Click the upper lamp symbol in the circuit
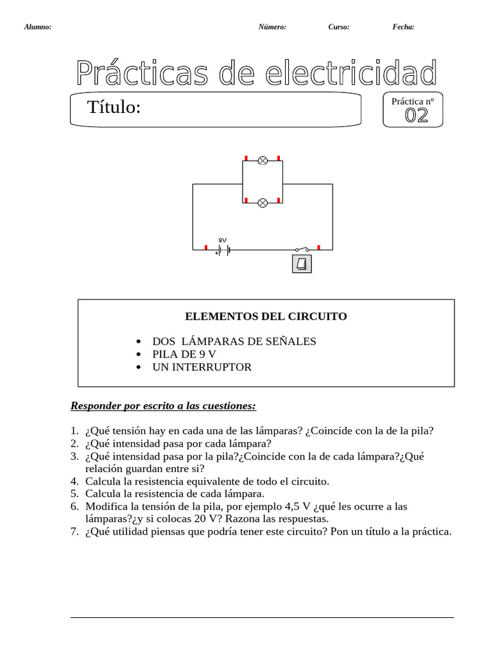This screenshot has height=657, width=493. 262,160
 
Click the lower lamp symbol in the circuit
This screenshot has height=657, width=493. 262,203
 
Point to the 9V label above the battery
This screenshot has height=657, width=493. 222,239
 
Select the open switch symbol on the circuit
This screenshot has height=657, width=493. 302,248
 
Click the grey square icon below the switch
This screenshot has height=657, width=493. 302,264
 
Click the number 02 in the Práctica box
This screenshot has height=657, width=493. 416,115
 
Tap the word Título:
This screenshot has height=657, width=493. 114,108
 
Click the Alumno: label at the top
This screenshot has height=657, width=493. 37,27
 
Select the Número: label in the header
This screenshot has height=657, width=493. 272,27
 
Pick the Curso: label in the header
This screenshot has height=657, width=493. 338,27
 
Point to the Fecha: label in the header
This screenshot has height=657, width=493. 403,27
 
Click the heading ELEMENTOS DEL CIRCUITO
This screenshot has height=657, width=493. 266,316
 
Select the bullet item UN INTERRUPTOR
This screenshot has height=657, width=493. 202,367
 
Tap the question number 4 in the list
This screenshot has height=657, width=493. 74,481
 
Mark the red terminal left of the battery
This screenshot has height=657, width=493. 205,247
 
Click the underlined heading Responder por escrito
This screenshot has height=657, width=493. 163,405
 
